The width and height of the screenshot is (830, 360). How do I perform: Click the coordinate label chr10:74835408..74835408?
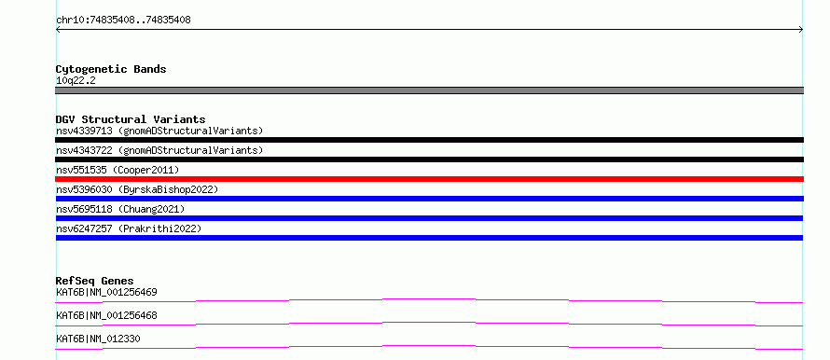[x=123, y=21]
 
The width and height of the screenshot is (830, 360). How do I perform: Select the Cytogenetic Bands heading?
[x=111, y=69]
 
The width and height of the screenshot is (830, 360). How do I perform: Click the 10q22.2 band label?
[x=76, y=81]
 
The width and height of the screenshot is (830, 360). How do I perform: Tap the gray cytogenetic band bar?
[x=429, y=90]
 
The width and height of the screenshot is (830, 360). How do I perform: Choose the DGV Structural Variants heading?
[x=131, y=119]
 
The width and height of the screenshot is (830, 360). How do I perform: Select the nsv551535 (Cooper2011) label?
[x=118, y=170]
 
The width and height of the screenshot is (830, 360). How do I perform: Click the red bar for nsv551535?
[x=429, y=179]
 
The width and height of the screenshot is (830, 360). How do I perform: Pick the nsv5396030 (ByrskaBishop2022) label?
[x=137, y=189]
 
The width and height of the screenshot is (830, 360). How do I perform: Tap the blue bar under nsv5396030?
[x=429, y=199]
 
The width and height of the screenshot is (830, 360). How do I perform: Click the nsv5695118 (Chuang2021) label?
[x=120, y=209]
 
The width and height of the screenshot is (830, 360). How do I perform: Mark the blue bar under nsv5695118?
[x=429, y=218]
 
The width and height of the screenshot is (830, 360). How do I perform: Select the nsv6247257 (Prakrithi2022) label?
[x=129, y=228]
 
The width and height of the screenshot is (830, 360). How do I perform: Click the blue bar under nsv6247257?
[x=429, y=238]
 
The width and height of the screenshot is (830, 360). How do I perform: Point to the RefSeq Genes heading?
[x=95, y=281]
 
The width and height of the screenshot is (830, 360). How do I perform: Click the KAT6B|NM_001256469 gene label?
[x=106, y=292]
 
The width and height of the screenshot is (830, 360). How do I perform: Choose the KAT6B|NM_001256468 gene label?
[x=106, y=315]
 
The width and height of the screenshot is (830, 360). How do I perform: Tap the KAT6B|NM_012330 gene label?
[x=98, y=339]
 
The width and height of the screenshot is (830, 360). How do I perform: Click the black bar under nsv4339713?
[x=429, y=140]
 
